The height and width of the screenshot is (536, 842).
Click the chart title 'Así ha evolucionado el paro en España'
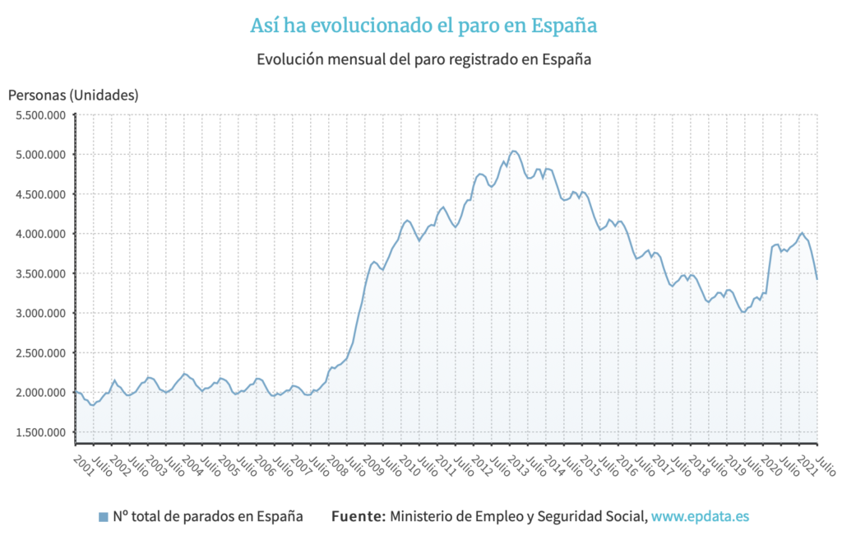[423, 26]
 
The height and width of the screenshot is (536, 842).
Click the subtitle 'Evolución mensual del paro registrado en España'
[424, 59]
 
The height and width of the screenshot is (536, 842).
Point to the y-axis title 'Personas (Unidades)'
[73, 95]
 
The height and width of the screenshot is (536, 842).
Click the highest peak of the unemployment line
[513, 151]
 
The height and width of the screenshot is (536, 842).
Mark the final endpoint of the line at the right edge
[817, 278]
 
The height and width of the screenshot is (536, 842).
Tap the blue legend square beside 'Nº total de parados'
[103, 517]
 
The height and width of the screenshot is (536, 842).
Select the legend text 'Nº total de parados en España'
[208, 516]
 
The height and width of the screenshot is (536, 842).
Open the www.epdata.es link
[700, 516]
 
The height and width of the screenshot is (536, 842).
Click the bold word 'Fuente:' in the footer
[358, 516]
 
